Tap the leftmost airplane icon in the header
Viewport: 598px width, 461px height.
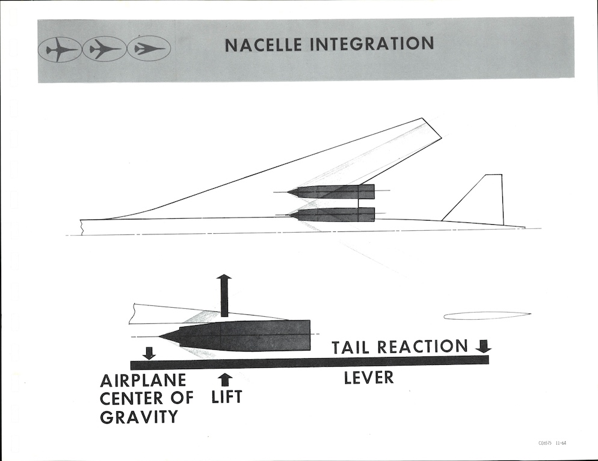[x=60, y=49]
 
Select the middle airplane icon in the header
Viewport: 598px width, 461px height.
[x=104, y=49]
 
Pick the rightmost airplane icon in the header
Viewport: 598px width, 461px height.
[x=149, y=49]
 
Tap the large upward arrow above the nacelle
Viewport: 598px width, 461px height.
[x=224, y=295]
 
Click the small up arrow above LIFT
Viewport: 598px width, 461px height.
[x=226, y=379]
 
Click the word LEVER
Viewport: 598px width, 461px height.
[x=368, y=378]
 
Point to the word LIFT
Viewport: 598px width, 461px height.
[x=227, y=397]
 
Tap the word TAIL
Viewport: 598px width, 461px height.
[x=353, y=347]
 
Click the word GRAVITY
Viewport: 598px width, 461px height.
[x=139, y=416]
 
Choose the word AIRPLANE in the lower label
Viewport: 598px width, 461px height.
[x=143, y=380]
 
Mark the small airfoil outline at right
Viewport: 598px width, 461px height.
[x=487, y=315]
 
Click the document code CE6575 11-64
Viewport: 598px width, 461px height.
[x=552, y=444]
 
